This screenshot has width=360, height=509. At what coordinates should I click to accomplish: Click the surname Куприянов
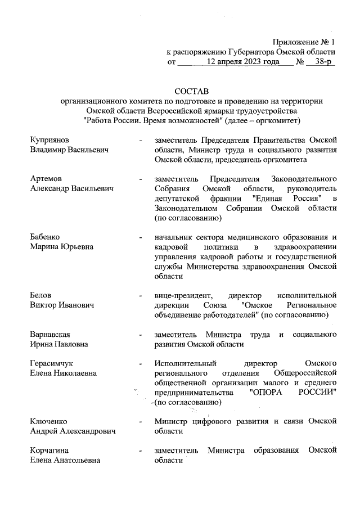click(50, 139)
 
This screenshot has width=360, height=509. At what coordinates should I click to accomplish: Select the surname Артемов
click(46, 178)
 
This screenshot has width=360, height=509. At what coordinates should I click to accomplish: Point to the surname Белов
click(42, 295)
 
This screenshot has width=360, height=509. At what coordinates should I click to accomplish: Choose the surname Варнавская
click(50, 334)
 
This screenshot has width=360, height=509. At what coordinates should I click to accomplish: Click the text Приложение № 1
click(304, 42)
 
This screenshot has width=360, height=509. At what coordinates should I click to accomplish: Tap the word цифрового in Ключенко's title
click(215, 421)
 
